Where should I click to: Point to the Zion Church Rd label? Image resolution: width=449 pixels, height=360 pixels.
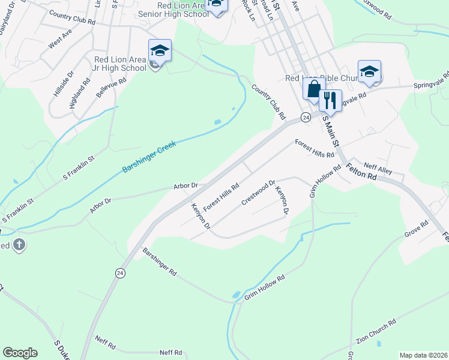click(x=376, y=331)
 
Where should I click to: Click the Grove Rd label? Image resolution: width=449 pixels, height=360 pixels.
click(x=416, y=229)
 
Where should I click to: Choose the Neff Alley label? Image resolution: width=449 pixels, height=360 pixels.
click(x=378, y=170)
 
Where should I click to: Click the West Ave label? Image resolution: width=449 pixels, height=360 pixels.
click(x=60, y=42)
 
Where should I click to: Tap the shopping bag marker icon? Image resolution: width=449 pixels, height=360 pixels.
click(x=313, y=91)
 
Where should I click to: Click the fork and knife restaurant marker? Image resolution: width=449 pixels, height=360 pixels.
click(x=329, y=100)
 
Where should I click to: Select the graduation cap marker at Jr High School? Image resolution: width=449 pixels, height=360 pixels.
click(x=160, y=51)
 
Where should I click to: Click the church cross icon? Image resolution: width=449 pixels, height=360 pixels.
click(x=19, y=245)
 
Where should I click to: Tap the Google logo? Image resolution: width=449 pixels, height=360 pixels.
click(x=20, y=353)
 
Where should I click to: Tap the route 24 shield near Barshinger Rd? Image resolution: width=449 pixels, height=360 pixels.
click(x=121, y=273)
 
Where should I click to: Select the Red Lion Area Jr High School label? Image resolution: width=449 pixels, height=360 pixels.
click(x=120, y=64)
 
